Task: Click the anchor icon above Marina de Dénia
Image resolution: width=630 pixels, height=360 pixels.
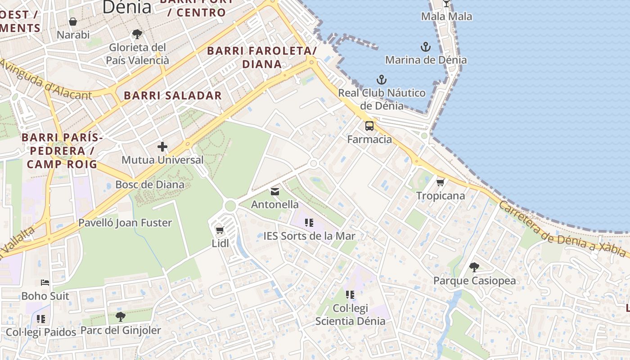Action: (x=425, y=46)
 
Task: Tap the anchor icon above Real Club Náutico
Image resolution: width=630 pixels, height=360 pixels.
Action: (x=382, y=80)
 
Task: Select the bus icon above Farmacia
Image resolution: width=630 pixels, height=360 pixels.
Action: (x=369, y=126)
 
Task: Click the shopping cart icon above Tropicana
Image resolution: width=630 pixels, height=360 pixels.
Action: (x=440, y=182)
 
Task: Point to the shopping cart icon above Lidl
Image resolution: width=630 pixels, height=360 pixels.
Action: (x=220, y=230)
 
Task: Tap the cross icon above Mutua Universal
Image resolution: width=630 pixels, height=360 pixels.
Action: (x=162, y=147)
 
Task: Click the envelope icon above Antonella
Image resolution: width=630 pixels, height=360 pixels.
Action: (x=274, y=192)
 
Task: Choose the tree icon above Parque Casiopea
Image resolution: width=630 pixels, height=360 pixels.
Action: (x=474, y=267)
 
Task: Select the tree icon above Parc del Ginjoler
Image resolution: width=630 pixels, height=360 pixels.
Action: (x=120, y=317)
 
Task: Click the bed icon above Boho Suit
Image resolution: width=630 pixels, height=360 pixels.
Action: (x=45, y=283)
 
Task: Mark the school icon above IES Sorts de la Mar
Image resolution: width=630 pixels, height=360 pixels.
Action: (x=309, y=222)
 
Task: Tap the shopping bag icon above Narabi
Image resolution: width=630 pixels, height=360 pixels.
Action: (x=73, y=21)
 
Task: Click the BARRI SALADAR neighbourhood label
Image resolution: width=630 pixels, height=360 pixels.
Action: (x=173, y=95)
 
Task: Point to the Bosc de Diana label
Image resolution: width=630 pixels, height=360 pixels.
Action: (x=150, y=184)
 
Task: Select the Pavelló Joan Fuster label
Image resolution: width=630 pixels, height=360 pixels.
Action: (x=125, y=223)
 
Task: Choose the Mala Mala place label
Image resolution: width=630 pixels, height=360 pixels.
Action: (x=446, y=17)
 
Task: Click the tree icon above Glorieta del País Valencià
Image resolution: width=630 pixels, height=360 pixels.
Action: (x=137, y=34)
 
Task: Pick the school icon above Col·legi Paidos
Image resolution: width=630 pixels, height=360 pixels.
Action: (x=41, y=319)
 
